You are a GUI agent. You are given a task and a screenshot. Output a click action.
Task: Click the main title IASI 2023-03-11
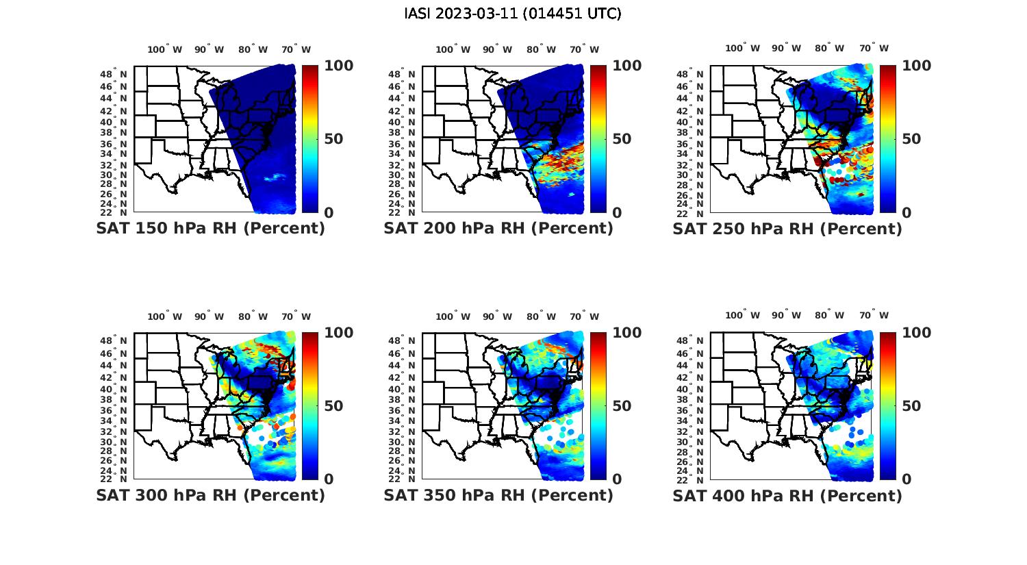click(513, 14)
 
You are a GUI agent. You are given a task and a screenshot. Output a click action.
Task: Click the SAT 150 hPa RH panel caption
click(210, 229)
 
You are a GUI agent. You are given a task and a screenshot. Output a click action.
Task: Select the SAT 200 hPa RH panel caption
click(498, 229)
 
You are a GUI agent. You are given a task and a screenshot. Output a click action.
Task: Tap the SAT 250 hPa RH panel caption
click(787, 229)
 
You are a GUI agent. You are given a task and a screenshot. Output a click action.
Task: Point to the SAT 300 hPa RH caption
click(210, 495)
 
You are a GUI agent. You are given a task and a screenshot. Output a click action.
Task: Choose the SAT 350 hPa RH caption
click(498, 495)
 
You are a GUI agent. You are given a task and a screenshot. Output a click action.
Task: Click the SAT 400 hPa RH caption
click(787, 495)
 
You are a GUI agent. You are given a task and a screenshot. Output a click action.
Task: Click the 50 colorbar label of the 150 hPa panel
click(333, 139)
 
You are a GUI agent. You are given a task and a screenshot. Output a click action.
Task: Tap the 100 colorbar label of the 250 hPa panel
click(916, 66)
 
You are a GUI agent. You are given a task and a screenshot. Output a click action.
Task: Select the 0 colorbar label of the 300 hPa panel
click(329, 479)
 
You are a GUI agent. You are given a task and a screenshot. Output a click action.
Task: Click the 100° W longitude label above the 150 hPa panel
click(165, 49)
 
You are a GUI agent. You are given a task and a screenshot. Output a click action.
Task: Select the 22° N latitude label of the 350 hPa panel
click(407, 479)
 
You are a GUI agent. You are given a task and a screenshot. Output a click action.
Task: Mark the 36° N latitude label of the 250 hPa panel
click(696, 144)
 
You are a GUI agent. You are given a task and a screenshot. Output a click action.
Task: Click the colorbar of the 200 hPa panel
click(598, 139)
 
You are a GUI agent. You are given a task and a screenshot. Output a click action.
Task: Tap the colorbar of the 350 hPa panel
click(598, 405)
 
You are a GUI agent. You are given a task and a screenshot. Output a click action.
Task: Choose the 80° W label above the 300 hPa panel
click(253, 316)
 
